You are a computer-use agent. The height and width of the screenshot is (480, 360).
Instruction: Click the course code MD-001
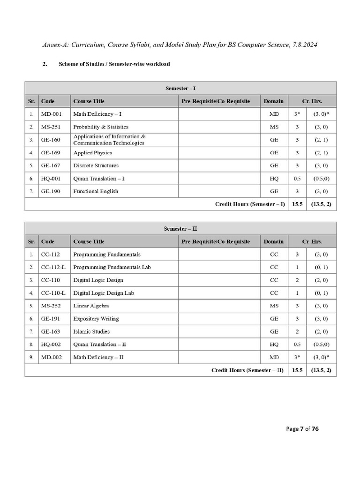pos(51,114)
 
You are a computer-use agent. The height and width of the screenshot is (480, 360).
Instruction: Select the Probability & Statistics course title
pos(100,127)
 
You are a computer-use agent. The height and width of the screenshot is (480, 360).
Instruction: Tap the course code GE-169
pos(51,153)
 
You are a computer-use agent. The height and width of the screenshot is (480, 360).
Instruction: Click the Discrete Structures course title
pos(96,165)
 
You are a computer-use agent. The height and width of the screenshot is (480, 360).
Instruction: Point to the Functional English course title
pos(96,191)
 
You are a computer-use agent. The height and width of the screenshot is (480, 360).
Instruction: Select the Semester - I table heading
pos(180,88)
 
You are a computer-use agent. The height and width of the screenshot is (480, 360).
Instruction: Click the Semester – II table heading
pos(180,229)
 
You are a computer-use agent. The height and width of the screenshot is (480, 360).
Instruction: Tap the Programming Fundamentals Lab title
pos(112,267)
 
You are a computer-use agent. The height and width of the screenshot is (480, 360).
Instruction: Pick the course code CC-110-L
pos(53,293)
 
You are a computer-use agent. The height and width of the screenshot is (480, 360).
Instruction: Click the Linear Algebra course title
pos(91,306)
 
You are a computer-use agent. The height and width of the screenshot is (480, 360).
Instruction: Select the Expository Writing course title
pos(96,319)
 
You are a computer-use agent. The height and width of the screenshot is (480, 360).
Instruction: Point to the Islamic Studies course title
pos(91,331)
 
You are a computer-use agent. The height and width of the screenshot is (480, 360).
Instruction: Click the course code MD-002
pos(51,357)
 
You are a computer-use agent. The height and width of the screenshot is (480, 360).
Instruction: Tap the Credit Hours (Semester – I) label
pos(250,204)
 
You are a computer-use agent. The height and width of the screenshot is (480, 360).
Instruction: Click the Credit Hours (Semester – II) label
pos(248,370)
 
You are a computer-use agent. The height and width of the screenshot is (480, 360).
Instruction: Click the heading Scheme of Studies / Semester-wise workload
pos(114,64)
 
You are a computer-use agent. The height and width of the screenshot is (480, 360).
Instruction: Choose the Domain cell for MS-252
pos(273,306)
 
